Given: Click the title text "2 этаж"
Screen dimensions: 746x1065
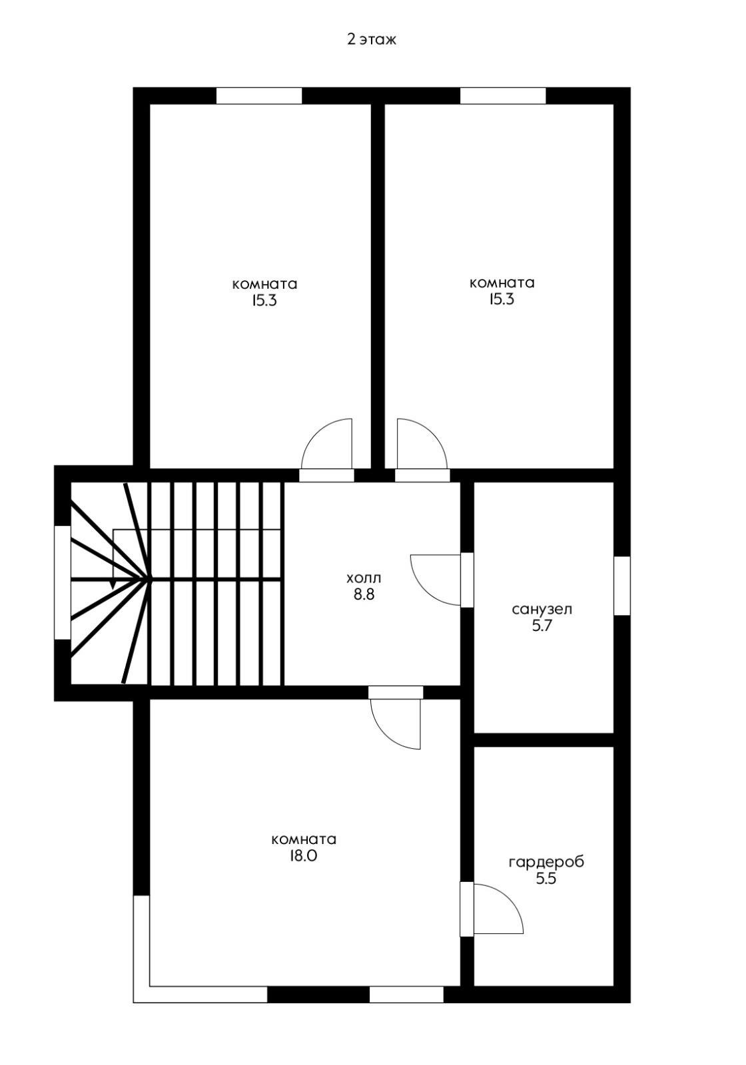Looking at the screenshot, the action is [x=372, y=40].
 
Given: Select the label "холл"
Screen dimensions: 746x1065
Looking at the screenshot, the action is [x=364, y=578].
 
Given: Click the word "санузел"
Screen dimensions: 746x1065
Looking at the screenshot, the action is [x=542, y=610].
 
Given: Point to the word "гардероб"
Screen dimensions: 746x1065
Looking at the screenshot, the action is [x=546, y=863].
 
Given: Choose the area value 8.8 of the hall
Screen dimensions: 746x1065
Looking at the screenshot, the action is [x=364, y=594].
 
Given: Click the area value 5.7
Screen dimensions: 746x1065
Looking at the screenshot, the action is [x=542, y=626].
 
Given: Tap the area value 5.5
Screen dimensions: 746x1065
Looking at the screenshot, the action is [x=546, y=879].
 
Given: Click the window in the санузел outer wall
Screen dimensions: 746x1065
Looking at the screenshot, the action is [x=622, y=586].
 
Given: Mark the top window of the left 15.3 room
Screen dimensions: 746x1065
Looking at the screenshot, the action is [x=259, y=96].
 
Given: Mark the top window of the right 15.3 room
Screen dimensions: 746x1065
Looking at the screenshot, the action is [x=503, y=96].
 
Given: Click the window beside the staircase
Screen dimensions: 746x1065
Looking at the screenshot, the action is [x=63, y=582].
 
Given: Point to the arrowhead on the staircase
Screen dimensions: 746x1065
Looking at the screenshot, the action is [x=113, y=584].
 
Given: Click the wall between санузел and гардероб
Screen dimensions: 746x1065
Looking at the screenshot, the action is [x=544, y=740].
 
